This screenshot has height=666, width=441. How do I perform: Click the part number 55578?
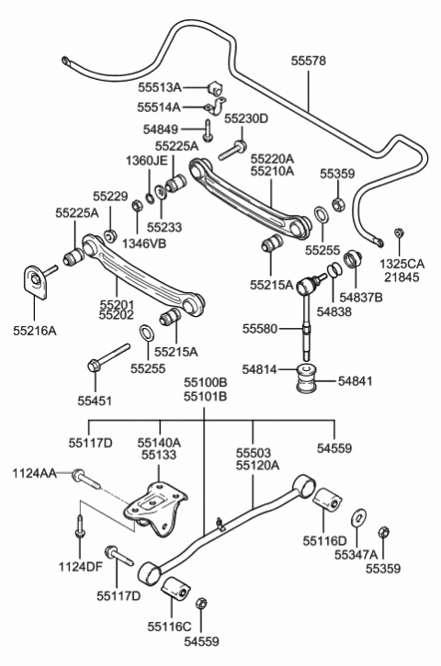pyautogui.click(x=309, y=61)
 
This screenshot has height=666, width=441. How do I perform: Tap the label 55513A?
pyautogui.click(x=159, y=87)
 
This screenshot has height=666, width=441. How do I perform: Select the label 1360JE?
pyautogui.click(x=146, y=161)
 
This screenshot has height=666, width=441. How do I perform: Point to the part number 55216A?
pyautogui.click(x=34, y=331)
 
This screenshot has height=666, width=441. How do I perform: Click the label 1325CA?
pyautogui.click(x=401, y=264)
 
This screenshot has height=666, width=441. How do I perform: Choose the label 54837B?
pyautogui.click(x=361, y=298)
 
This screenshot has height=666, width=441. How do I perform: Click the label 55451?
pyautogui.click(x=95, y=401)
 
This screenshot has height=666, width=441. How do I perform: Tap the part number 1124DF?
pyautogui.click(x=80, y=566)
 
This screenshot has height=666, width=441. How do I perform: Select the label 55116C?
pyautogui.click(x=170, y=626)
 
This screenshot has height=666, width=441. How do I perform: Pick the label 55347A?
pyautogui.click(x=356, y=555)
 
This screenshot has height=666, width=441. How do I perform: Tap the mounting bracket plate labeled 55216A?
pyautogui.click(x=35, y=282)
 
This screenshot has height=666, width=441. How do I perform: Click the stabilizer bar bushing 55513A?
pyautogui.click(x=215, y=88)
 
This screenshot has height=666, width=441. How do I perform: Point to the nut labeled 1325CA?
pyautogui.click(x=399, y=232)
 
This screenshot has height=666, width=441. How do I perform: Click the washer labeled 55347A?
pyautogui.click(x=359, y=517)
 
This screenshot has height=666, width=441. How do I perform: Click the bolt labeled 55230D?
pyautogui.click(x=232, y=151)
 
